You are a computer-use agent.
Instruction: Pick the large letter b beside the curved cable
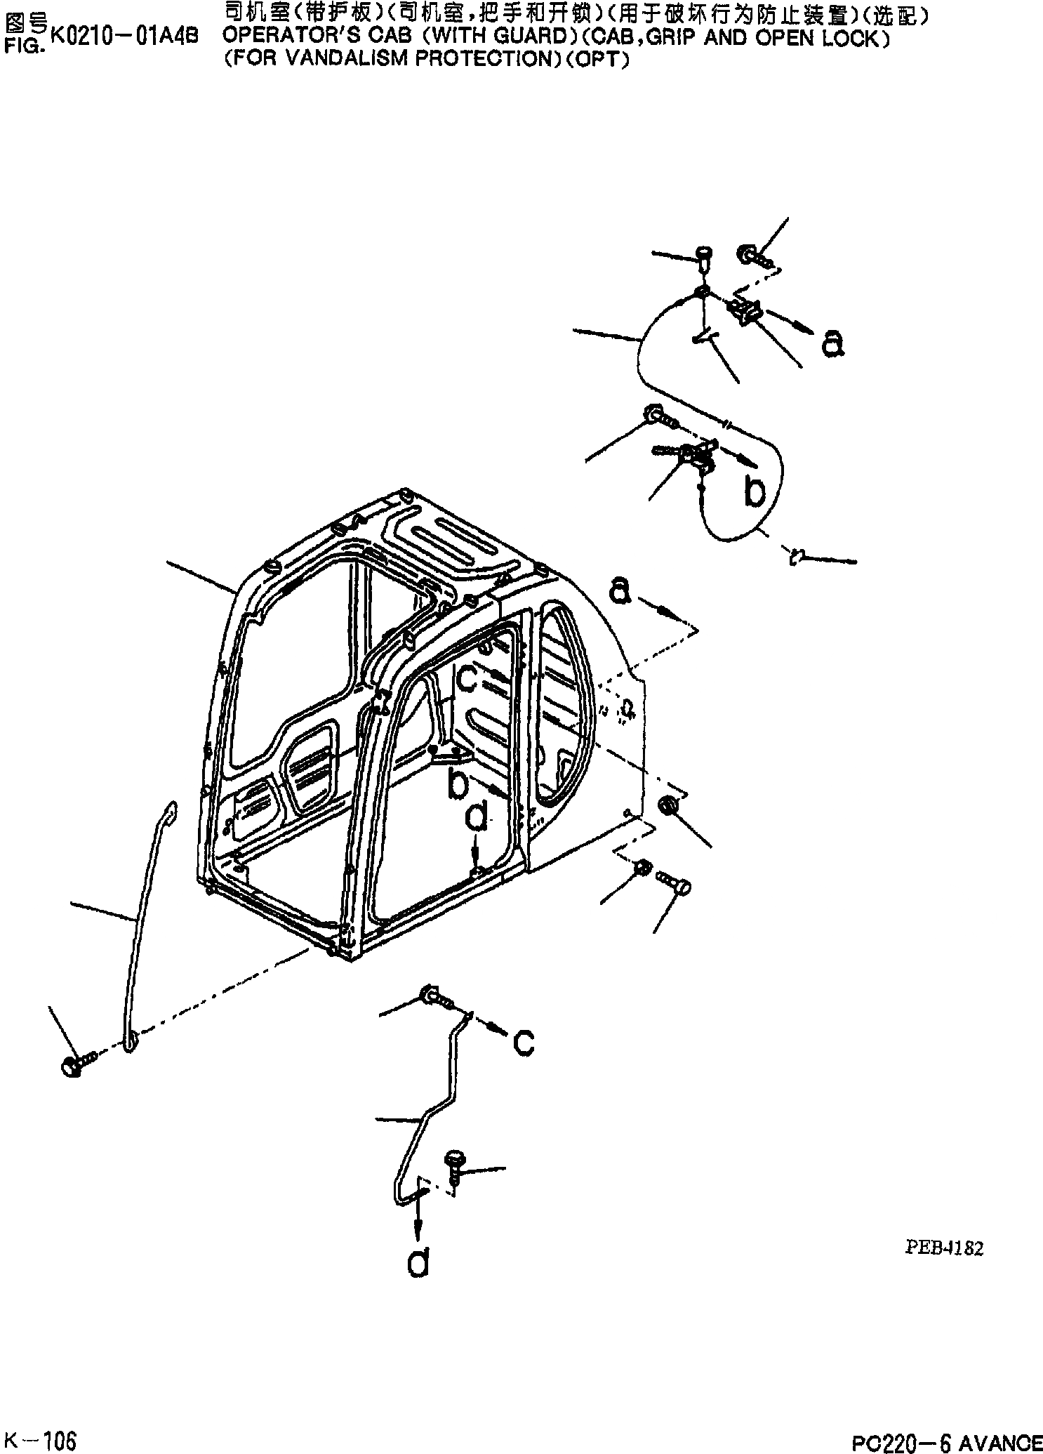[x=755, y=491]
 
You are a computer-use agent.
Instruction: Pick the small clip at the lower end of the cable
[x=796, y=557]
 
